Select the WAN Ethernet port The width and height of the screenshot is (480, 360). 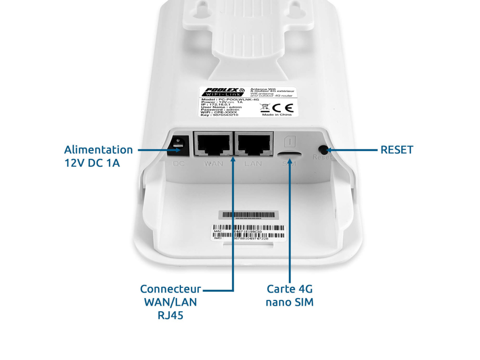pyautogui.click(x=213, y=144)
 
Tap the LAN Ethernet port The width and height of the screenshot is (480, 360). pyautogui.click(x=254, y=144)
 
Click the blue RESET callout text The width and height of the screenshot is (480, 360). pyautogui.click(x=397, y=150)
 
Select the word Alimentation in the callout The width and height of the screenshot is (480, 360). pyautogui.click(x=98, y=150)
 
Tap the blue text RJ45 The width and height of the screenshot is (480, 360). pyautogui.click(x=171, y=315)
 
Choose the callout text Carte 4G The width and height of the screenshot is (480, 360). pyautogui.click(x=289, y=289)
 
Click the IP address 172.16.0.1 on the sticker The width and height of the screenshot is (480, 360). pyautogui.click(x=220, y=105)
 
